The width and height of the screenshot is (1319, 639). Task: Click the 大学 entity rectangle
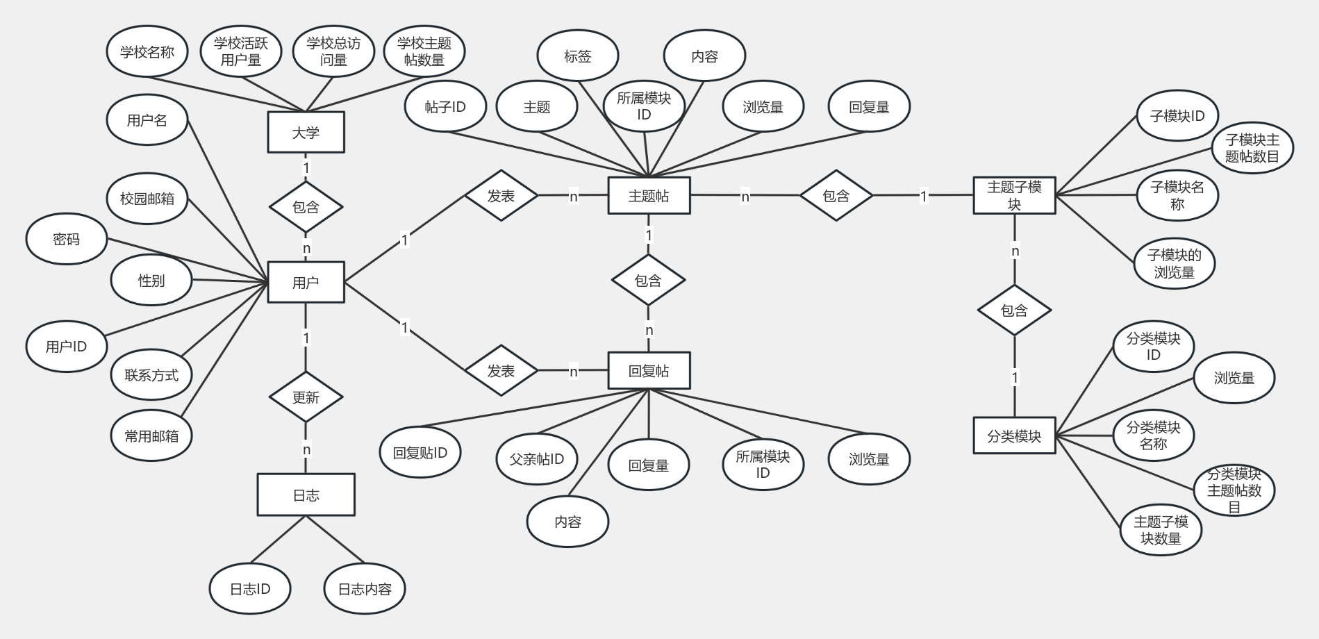[306, 132]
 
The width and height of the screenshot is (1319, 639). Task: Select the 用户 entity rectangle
[306, 282]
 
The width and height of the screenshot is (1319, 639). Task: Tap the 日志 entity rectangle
[306, 495]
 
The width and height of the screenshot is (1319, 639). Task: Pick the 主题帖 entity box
[649, 195]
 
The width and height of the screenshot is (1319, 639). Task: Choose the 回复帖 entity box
[649, 370]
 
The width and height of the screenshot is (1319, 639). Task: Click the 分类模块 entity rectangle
[1014, 435]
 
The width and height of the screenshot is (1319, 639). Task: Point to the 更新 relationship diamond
[306, 397]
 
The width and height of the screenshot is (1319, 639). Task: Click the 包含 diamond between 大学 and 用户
[306, 207]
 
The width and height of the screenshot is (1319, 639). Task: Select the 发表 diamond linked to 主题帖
[501, 196]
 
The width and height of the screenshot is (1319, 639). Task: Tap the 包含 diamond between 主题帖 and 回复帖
[648, 281]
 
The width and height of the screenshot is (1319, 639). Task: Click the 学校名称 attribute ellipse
[147, 52]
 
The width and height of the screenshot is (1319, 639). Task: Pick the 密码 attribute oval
[67, 239]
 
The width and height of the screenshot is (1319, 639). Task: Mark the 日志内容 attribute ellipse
[365, 589]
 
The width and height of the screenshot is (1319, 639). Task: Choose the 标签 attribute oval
[578, 56]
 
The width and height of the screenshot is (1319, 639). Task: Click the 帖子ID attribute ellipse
[445, 107]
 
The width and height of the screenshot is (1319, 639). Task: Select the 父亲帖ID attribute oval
[537, 459]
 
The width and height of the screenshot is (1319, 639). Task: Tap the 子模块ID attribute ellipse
[1177, 116]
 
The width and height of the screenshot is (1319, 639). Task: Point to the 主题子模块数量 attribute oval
[1161, 530]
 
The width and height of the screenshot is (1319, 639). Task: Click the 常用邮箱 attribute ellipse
[151, 436]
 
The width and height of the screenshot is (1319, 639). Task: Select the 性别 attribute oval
[151, 281]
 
